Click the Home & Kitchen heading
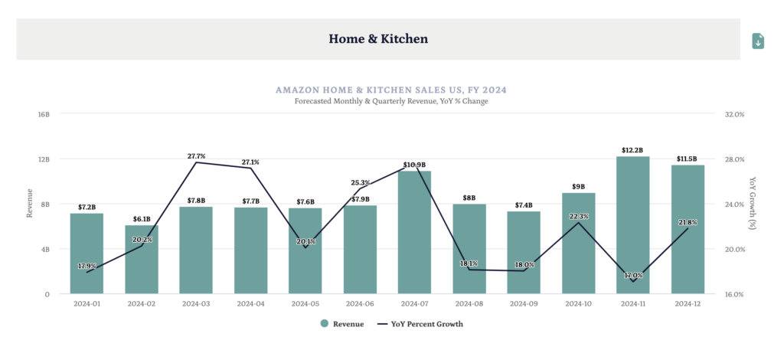[x=378, y=38]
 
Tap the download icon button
[x=758, y=41]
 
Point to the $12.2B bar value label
[x=632, y=150]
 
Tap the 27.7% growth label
[x=196, y=156]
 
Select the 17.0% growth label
[x=633, y=276]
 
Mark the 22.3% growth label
[x=579, y=217]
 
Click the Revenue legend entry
[x=341, y=324]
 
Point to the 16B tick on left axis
[x=44, y=114]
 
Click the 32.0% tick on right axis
[x=734, y=114]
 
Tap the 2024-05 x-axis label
[x=305, y=304]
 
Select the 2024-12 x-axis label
[x=688, y=304]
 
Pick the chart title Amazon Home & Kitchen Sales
[x=391, y=90]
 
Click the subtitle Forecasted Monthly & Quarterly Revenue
[x=391, y=101]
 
